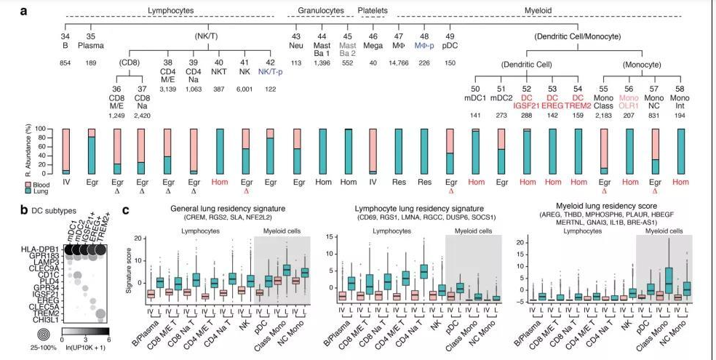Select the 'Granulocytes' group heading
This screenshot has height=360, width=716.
320,11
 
